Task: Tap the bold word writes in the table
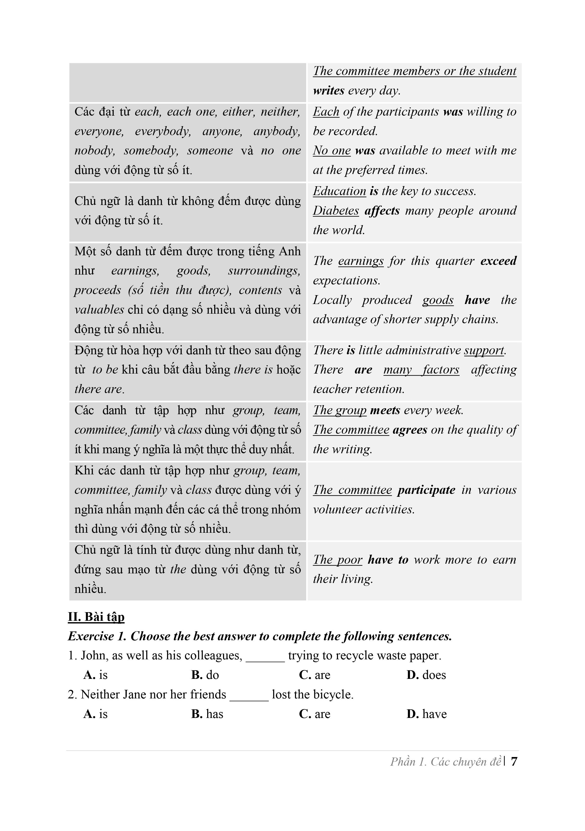pyautogui.click(x=328, y=90)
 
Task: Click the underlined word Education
pyautogui.click(x=339, y=191)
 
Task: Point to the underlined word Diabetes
pyautogui.click(x=336, y=211)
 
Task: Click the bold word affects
pyautogui.click(x=382, y=211)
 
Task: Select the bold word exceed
pyautogui.click(x=498, y=261)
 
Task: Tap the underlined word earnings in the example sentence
pyautogui.click(x=361, y=261)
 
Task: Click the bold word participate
pyautogui.click(x=426, y=490)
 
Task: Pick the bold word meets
pyautogui.click(x=385, y=411)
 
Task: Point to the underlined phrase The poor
pyautogui.click(x=337, y=560)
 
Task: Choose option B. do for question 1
pyautogui.click(x=205, y=675)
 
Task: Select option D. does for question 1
pyautogui.click(x=426, y=675)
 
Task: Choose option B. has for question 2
pyautogui.click(x=207, y=714)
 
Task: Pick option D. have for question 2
pyautogui.click(x=427, y=714)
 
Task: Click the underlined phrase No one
pyautogui.click(x=332, y=151)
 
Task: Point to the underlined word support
pyautogui.click(x=484, y=350)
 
